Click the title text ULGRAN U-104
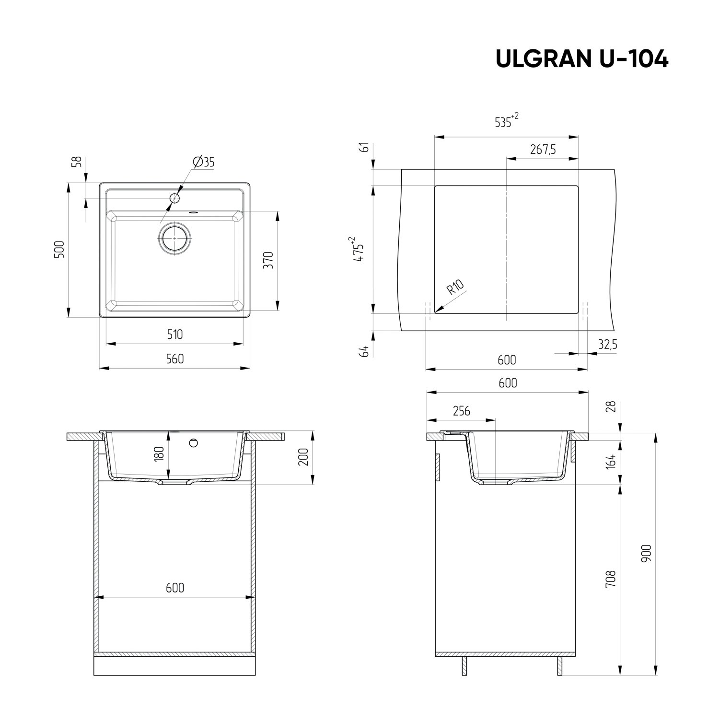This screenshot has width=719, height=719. tap(581, 59)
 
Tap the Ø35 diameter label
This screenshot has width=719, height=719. tap(203, 162)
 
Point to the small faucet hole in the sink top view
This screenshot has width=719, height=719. tap(175, 197)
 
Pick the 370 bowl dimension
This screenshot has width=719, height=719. tap(268, 260)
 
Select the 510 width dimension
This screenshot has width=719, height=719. tap(174, 334)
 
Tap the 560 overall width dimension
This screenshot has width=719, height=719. tap(174, 359)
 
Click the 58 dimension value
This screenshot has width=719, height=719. tap(76, 162)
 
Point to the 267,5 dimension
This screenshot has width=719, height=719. tap(543, 150)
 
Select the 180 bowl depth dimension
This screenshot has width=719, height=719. tap(160, 453)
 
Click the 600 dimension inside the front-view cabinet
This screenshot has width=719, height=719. tap(174, 587)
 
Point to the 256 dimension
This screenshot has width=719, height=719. tap(461, 411)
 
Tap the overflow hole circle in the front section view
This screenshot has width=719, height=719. tap(194, 442)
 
